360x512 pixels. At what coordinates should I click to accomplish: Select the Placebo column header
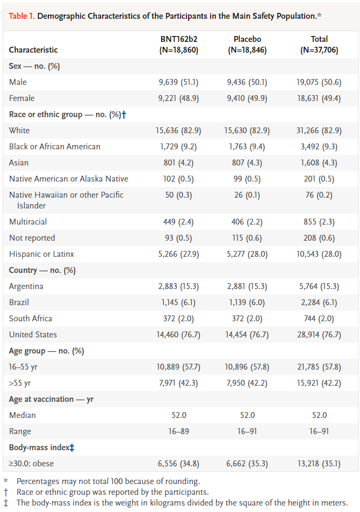[x=247, y=44]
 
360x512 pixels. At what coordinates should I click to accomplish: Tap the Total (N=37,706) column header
[x=319, y=44]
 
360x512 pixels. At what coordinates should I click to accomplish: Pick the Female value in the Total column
[x=319, y=98]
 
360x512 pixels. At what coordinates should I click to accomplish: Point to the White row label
[x=19, y=131]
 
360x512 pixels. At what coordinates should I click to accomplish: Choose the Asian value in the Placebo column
[x=247, y=163]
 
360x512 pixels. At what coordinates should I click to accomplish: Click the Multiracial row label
[x=28, y=222]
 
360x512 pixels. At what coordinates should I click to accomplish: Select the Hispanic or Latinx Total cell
[x=319, y=254]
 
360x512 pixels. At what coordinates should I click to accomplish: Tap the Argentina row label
[x=26, y=286]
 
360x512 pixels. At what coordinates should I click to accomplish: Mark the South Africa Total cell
[x=319, y=319]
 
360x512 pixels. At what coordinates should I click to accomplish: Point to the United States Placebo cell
[x=247, y=335]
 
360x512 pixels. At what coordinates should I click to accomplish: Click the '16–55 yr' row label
[x=24, y=367]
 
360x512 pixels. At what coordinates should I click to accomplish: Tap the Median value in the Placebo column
[x=247, y=415]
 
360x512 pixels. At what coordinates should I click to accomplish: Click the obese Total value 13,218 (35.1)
[x=319, y=464]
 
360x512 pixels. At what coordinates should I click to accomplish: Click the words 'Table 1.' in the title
[x=22, y=16]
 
